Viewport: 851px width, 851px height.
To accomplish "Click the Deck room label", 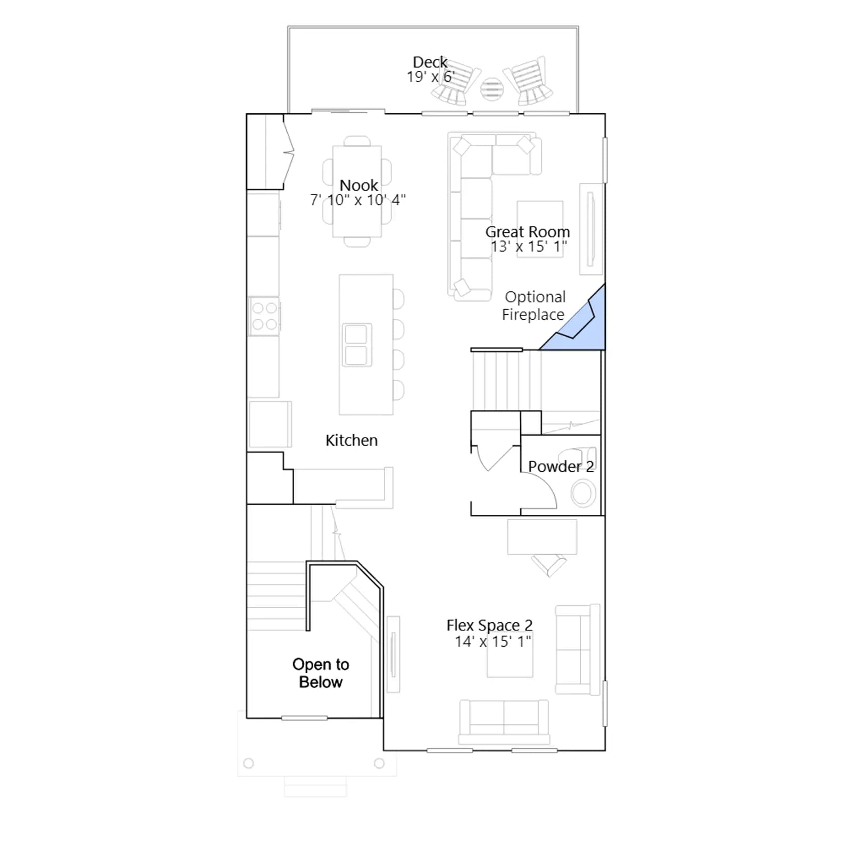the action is [x=430, y=62].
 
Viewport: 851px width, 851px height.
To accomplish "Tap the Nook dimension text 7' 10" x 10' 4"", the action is [x=358, y=200].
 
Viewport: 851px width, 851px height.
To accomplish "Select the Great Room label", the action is [x=528, y=232].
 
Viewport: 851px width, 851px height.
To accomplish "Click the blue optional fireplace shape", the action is [x=580, y=325].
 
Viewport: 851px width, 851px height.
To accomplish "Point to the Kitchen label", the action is [x=352, y=440].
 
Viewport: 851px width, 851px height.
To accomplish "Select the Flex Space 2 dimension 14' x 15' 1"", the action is [x=493, y=641].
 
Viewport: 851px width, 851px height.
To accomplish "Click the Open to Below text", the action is [x=321, y=673].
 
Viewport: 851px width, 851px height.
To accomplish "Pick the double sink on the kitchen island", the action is [x=356, y=345].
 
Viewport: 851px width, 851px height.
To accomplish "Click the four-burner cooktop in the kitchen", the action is [x=264, y=316].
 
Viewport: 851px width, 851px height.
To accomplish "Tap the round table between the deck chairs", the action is [x=491, y=89].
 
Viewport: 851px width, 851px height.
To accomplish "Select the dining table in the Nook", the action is [x=357, y=191].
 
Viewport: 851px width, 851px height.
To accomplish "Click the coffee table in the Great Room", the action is [x=540, y=229].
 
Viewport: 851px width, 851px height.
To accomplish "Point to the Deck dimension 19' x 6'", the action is [x=430, y=77].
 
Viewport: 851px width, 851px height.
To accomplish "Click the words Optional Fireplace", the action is [x=534, y=306].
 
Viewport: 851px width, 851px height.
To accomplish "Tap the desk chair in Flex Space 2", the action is [x=549, y=565].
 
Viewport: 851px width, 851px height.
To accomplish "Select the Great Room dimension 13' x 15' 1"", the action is [x=529, y=247].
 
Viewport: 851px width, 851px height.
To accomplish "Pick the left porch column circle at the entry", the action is [x=248, y=763].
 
